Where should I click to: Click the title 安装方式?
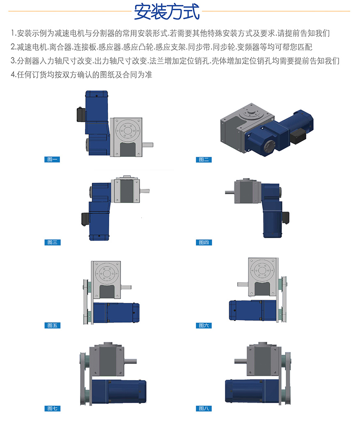click(167, 12)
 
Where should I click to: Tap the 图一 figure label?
click(52, 159)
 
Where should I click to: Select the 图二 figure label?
click(204, 160)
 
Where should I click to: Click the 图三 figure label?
click(53, 242)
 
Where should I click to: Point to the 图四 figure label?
click(204, 243)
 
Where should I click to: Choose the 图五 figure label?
click(53, 326)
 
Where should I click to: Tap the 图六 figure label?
click(204, 326)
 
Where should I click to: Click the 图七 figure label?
click(53, 408)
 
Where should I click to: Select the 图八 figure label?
click(204, 408)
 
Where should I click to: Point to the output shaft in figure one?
click(147, 145)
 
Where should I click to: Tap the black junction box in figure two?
click(298, 136)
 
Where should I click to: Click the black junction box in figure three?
click(85, 218)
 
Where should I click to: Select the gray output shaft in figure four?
click(230, 192)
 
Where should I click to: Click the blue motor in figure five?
click(116, 313)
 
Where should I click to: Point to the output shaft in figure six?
click(243, 284)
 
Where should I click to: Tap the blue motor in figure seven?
click(119, 391)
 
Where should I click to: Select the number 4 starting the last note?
click(13, 75)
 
